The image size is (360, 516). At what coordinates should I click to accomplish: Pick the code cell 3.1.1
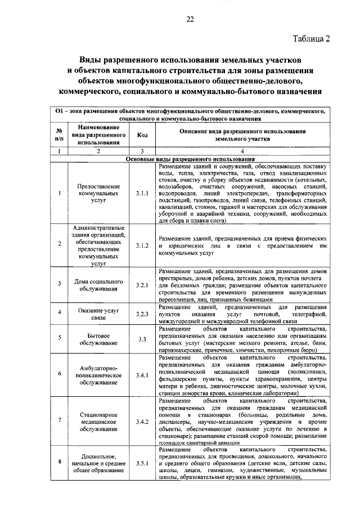(x=142, y=193)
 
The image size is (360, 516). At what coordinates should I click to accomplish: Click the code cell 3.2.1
(x=142, y=285)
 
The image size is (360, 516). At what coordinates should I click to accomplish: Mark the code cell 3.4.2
(x=142, y=420)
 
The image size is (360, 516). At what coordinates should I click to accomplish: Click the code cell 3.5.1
(x=142, y=463)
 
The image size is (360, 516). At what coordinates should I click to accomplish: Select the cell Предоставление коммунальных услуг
(x=98, y=193)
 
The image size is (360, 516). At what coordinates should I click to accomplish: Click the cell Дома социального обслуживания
(x=98, y=285)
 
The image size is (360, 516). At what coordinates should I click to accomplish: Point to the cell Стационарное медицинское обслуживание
(x=98, y=420)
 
